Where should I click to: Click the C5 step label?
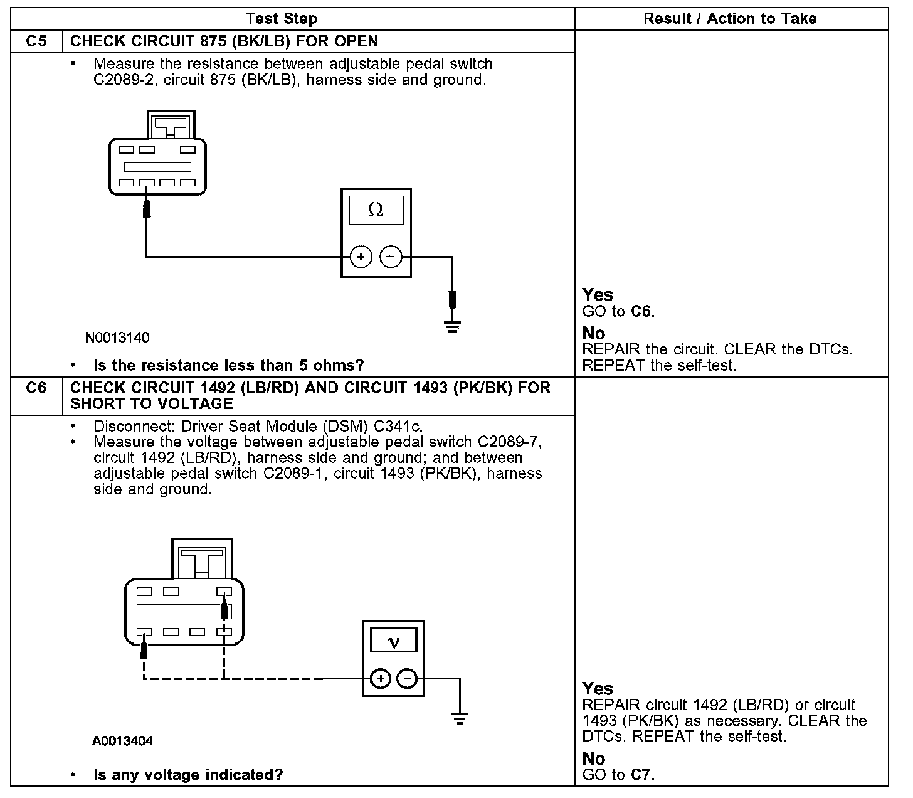(x=36, y=41)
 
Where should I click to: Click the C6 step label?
(x=36, y=388)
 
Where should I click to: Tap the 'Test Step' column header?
(x=281, y=19)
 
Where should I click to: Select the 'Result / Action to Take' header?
(x=730, y=19)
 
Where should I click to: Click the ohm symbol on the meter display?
(x=376, y=210)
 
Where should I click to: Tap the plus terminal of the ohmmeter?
(x=361, y=257)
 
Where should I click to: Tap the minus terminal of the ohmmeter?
(x=391, y=257)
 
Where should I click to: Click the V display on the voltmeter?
(x=394, y=642)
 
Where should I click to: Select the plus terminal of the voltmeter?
(x=381, y=678)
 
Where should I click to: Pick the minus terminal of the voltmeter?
(x=408, y=678)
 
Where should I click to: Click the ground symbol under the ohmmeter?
(x=452, y=326)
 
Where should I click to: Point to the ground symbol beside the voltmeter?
(x=460, y=719)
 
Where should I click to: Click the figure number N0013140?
(x=117, y=338)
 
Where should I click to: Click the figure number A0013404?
(x=122, y=741)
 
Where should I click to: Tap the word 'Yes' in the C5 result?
(x=598, y=295)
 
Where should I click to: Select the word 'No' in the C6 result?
(x=593, y=759)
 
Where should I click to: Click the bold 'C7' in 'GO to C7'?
(x=641, y=775)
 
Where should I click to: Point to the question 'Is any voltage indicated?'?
(x=188, y=775)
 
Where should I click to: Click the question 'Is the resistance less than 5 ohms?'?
(x=228, y=365)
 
